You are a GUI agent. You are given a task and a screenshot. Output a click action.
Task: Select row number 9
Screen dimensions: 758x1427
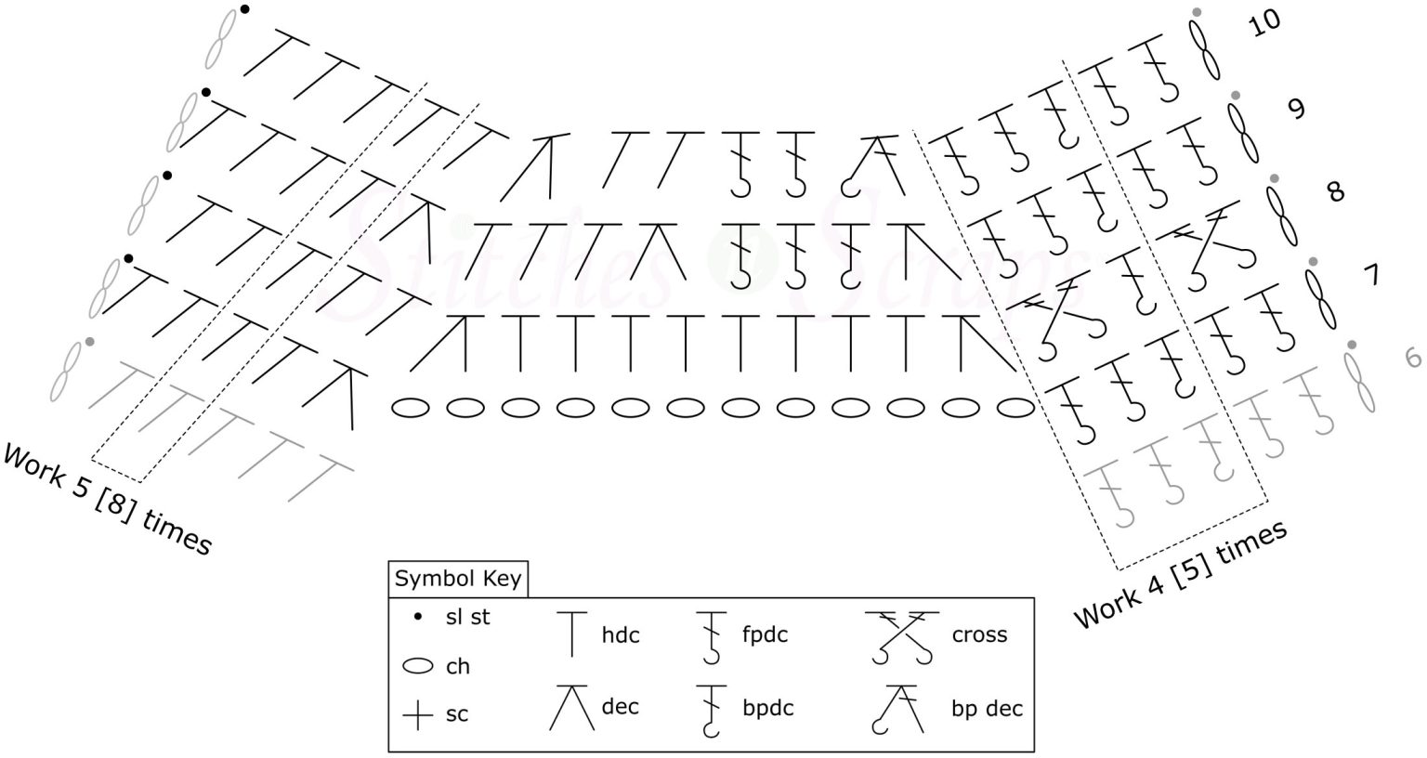click(x=1296, y=109)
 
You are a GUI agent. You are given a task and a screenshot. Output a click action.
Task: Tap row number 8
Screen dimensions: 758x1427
click(x=1335, y=192)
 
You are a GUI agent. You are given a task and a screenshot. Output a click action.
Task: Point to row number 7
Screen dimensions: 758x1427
click(x=1370, y=276)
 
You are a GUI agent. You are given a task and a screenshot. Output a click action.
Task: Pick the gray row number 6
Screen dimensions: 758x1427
click(x=1413, y=359)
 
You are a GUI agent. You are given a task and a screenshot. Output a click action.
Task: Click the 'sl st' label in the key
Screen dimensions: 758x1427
click(x=467, y=617)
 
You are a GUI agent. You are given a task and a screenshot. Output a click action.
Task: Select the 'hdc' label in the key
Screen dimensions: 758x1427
click(x=621, y=635)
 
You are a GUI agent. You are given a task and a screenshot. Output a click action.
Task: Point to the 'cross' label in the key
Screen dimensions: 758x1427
click(x=979, y=635)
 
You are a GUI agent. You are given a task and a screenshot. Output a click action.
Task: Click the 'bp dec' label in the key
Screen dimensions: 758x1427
click(x=987, y=708)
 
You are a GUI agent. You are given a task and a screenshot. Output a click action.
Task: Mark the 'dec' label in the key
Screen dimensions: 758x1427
click(x=620, y=706)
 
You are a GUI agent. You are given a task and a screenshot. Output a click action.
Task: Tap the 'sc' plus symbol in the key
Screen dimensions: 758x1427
click(x=419, y=715)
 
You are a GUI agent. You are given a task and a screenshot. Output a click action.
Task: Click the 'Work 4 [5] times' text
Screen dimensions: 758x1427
click(x=1180, y=573)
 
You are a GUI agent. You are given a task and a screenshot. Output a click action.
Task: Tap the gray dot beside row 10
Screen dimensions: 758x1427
click(x=1197, y=11)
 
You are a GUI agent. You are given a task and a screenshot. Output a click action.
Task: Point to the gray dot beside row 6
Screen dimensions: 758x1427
click(x=1352, y=345)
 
